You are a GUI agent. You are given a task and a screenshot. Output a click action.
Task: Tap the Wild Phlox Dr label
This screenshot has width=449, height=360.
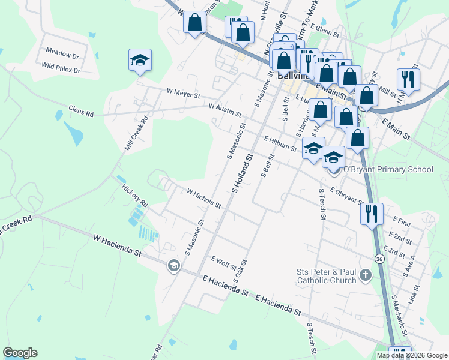tap(61, 70)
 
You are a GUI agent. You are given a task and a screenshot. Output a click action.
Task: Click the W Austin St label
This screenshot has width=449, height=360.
tap(224, 110)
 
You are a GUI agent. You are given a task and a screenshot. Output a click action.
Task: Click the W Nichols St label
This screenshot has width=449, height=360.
tap(204, 199)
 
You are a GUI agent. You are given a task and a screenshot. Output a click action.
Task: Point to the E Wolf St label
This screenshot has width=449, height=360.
tap(224, 262)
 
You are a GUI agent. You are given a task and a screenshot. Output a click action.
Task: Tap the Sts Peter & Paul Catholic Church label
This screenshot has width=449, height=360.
tap(326, 275)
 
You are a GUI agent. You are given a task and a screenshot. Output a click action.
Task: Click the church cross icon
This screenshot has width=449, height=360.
tap(365, 275)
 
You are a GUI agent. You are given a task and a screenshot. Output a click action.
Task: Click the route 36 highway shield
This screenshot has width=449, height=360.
tap(379, 259)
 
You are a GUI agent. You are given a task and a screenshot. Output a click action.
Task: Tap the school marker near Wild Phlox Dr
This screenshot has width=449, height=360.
tap(140, 61)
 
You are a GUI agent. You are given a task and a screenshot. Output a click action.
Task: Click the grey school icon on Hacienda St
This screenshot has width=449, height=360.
tap(173, 265)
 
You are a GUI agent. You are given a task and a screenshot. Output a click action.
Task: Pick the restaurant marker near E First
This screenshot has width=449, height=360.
tap(372, 213)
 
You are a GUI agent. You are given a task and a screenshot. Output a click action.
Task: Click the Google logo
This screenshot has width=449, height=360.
tap(20, 353)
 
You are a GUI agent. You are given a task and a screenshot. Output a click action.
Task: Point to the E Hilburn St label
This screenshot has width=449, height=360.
tap(280, 143)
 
